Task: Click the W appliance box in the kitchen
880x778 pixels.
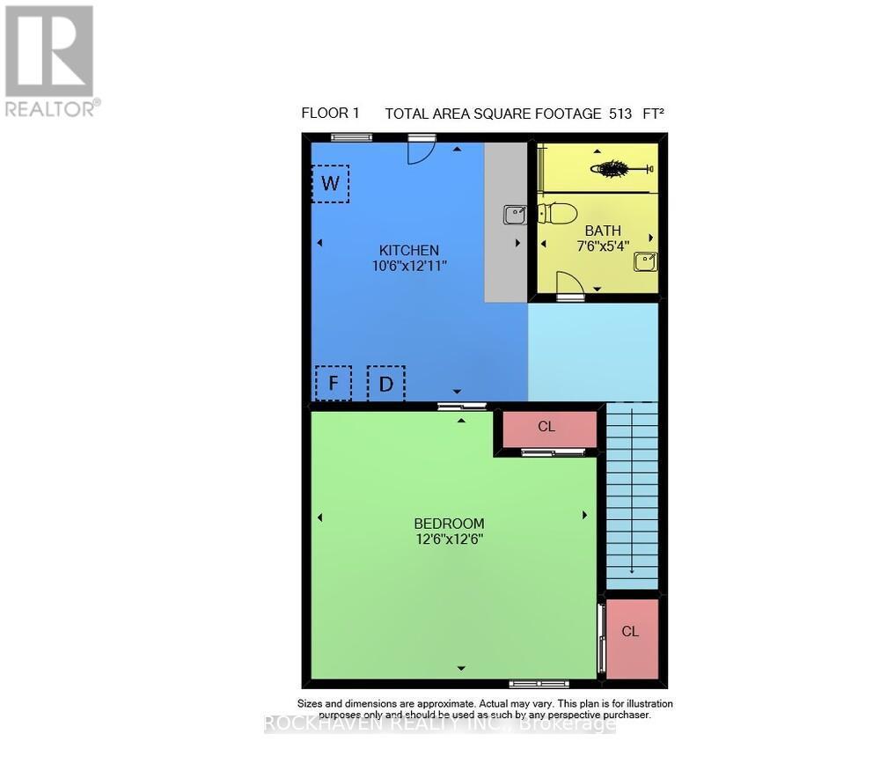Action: pos(331,184)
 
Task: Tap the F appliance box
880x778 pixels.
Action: pos(334,384)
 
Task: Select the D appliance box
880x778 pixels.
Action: pos(385,384)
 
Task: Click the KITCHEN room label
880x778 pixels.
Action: pos(409,250)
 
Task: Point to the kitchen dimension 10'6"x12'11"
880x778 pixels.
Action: pos(409,265)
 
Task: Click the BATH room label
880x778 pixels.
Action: pos(603,231)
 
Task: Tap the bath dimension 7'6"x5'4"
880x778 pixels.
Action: pos(603,246)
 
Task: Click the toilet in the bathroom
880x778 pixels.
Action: pos(558,213)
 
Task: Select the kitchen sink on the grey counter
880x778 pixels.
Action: pos(515,214)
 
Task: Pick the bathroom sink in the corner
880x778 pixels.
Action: pos(645,261)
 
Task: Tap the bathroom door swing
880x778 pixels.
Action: pos(568,283)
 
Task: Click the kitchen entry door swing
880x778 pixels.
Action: pos(422,149)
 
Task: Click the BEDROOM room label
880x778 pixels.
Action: pos(450,524)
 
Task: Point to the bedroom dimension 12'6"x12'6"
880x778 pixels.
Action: pos(450,539)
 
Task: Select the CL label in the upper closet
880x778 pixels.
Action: pos(546,427)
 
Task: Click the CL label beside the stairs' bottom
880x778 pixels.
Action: pos(630,632)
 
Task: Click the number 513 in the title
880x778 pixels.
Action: pos(620,114)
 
